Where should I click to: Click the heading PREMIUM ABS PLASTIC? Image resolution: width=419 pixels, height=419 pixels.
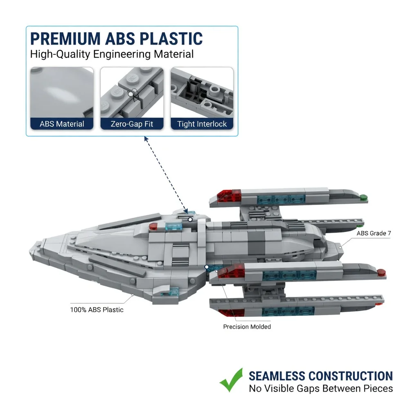pos(117,39)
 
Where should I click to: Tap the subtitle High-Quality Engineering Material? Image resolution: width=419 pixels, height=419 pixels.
pos(112,54)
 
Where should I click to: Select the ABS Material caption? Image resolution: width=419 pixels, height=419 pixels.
pos(62,124)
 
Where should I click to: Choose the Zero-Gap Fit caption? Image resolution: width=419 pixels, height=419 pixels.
pos(132,124)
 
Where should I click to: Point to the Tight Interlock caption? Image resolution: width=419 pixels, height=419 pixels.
pos(202,124)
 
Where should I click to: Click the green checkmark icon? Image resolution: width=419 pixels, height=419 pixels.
pos(231,380)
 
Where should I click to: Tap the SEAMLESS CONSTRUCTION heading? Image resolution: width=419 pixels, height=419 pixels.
pos(321,376)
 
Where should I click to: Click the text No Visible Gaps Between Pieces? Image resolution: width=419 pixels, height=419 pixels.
pos(321,388)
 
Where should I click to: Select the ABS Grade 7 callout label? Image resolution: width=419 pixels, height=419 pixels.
pos(374,233)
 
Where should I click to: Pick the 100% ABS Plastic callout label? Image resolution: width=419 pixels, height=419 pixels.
pos(97,310)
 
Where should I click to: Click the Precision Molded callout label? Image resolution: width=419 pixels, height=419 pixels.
pos(247,327)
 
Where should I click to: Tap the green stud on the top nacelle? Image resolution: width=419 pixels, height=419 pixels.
pos(364,198)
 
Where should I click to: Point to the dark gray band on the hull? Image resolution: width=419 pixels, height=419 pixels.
pos(256,242)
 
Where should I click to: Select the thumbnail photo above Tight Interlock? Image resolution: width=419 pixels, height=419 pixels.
pos(202,92)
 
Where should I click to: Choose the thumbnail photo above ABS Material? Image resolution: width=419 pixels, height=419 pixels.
pos(62,92)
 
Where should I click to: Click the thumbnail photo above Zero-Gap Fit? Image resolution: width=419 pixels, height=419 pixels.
pos(132,92)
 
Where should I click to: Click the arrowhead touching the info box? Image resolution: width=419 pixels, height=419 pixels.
pos(146,138)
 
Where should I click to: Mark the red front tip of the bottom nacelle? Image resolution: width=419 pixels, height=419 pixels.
pos(232,313)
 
